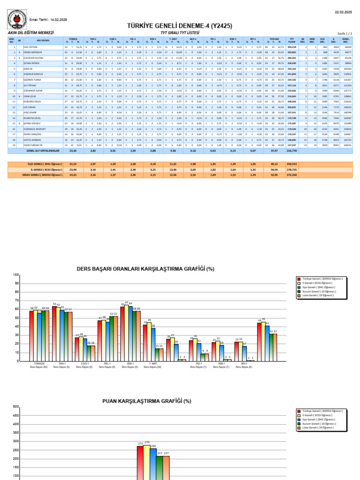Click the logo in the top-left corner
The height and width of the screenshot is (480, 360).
tap(15, 20)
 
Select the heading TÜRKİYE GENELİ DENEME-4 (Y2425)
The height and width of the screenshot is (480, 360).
tap(180, 26)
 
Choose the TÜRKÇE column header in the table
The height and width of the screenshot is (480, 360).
tap(73, 39)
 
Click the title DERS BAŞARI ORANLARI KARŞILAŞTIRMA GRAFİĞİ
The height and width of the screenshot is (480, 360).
tap(146, 269)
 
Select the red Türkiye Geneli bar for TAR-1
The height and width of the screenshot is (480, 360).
tap(54, 334)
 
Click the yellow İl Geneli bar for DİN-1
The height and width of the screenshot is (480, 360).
tap(127, 334)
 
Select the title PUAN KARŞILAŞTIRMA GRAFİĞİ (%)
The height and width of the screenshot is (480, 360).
tap(147, 401)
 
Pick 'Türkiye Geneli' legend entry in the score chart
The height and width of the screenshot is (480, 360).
tap(319, 410)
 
